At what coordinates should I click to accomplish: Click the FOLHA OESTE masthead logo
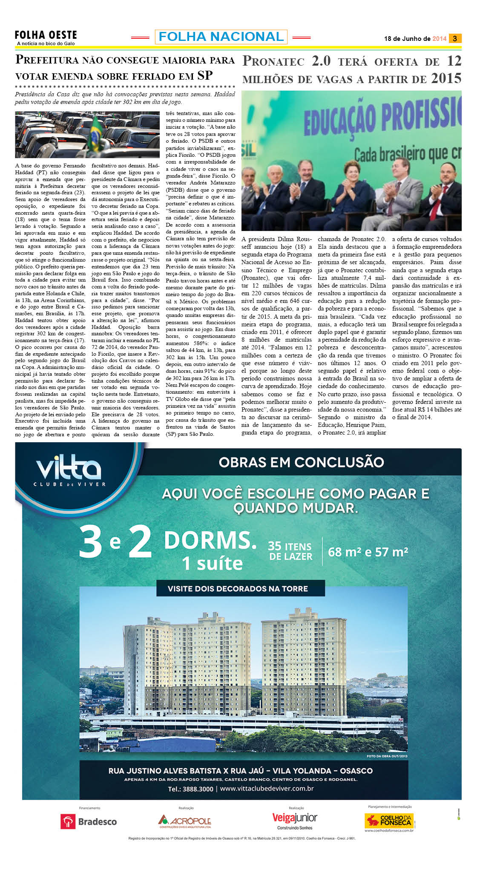pyautogui.click(x=46, y=35)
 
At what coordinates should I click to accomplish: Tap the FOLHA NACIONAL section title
pyautogui.click(x=221, y=37)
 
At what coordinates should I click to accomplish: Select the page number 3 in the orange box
pyautogui.click(x=455, y=38)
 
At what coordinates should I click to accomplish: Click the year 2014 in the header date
pyautogui.click(x=439, y=39)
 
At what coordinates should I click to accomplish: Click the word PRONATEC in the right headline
pyautogui.click(x=273, y=62)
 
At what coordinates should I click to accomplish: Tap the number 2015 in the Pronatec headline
pyautogui.click(x=446, y=78)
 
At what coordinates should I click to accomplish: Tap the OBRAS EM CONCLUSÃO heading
pyautogui.click(x=301, y=462)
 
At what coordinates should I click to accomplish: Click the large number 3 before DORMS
pyautogui.click(x=90, y=542)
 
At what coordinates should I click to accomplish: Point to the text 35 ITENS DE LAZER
pyautogui.click(x=290, y=551)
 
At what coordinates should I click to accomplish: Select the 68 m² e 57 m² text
pyautogui.click(x=368, y=552)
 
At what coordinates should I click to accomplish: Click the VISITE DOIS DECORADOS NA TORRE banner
pyautogui.click(x=238, y=589)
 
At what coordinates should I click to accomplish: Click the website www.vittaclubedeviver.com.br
pyautogui.click(x=267, y=789)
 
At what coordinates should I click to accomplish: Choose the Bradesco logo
pyautogui.click(x=89, y=821)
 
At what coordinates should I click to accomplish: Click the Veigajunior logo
pyautogui.click(x=295, y=818)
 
